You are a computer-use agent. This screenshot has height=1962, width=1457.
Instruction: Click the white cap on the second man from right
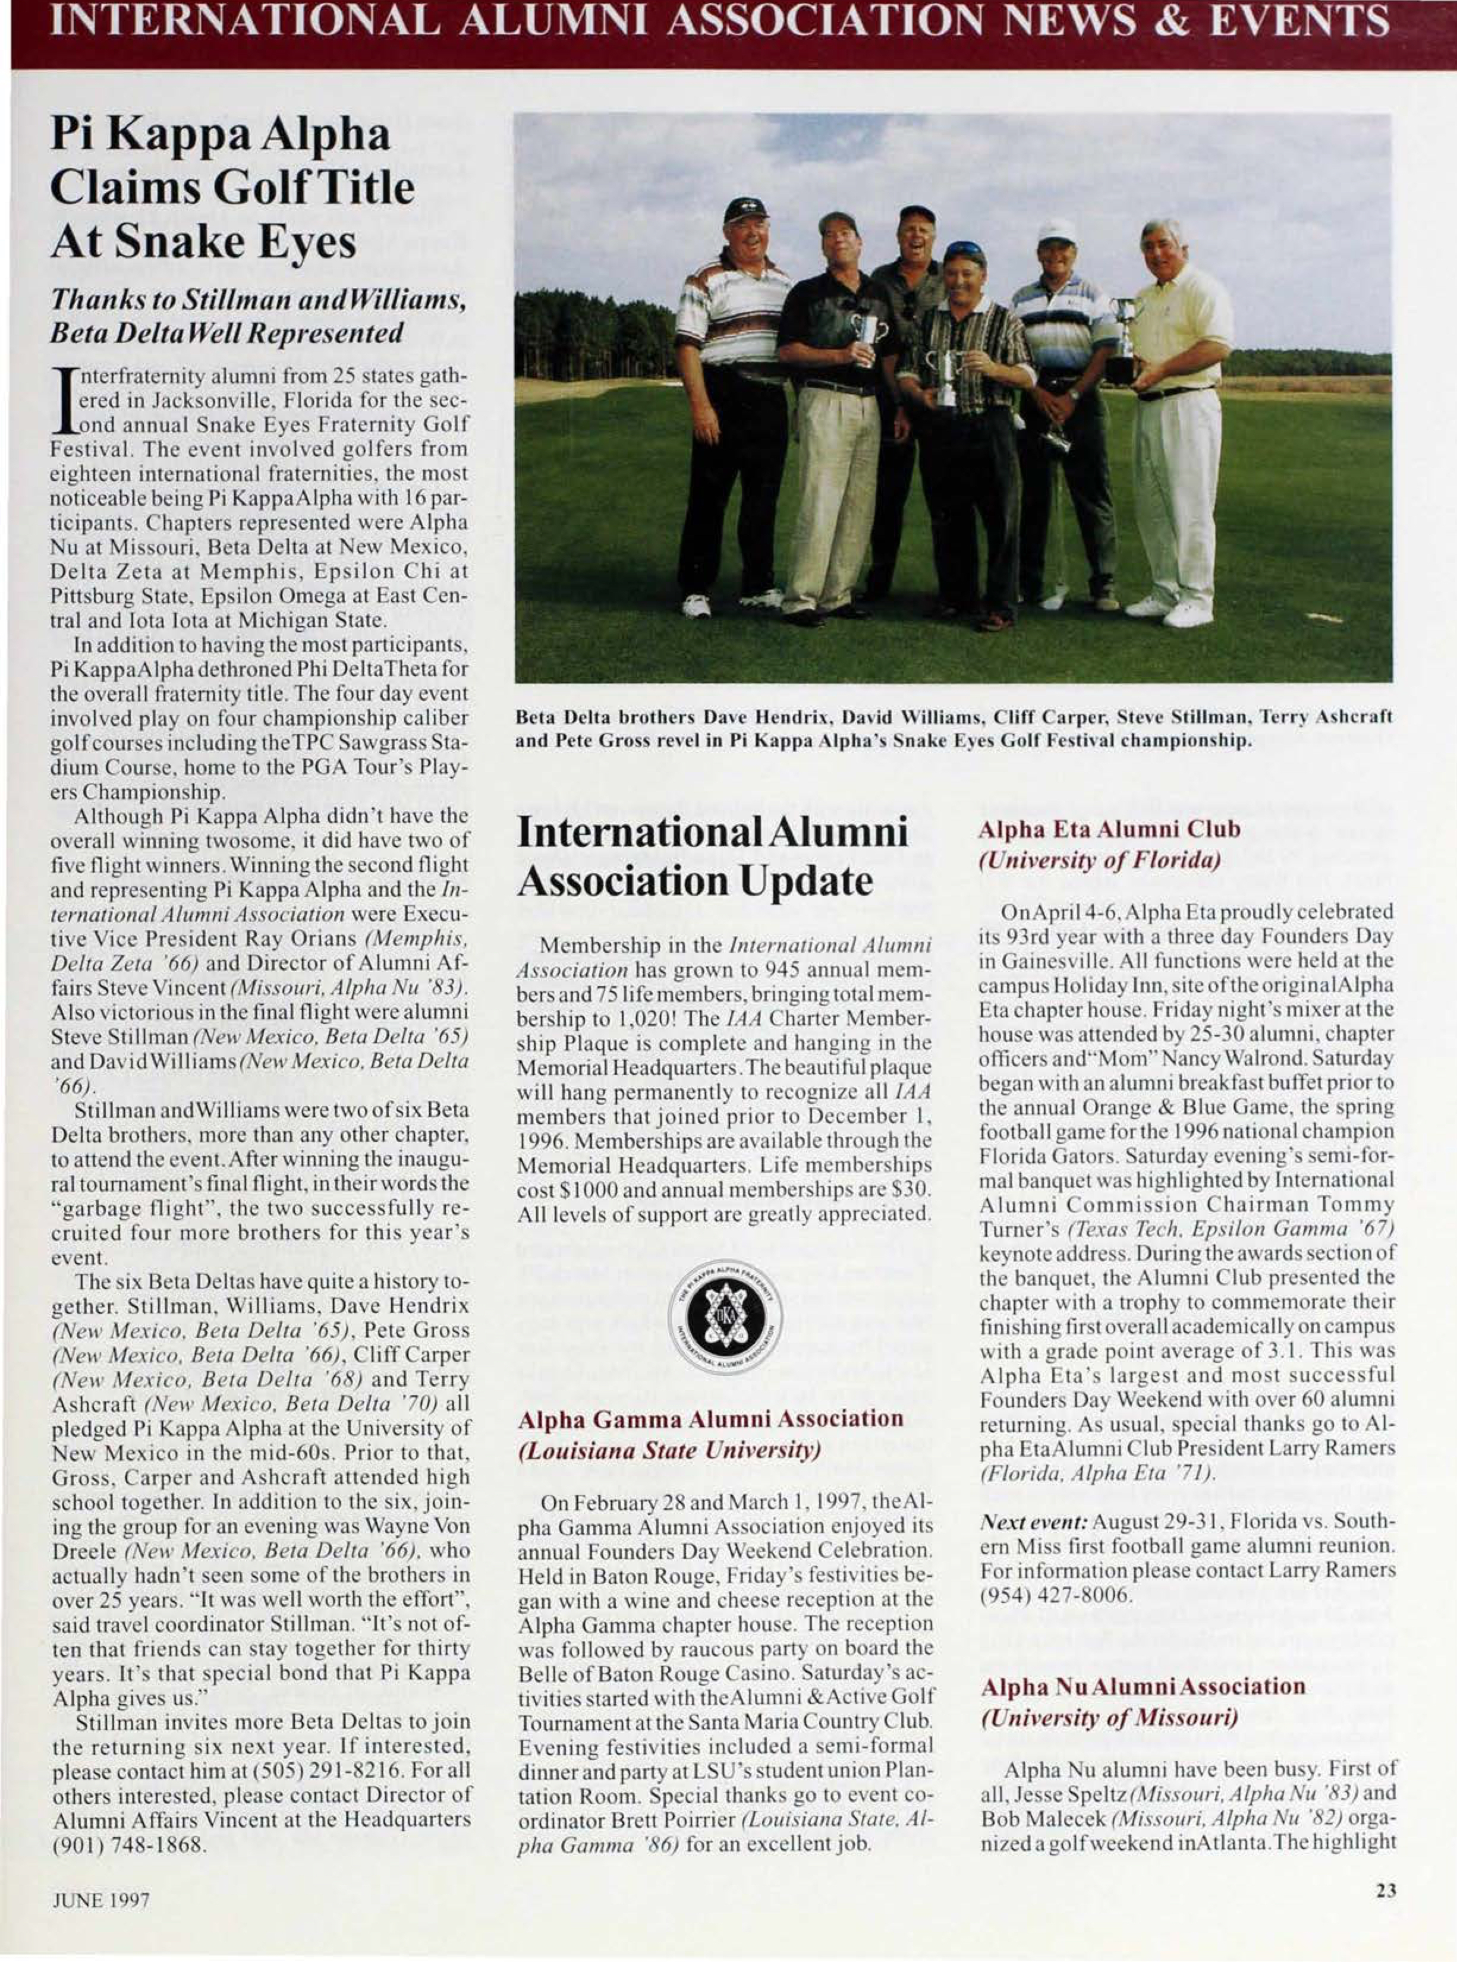point(1056,231)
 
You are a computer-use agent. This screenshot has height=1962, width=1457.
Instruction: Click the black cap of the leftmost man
point(745,209)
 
